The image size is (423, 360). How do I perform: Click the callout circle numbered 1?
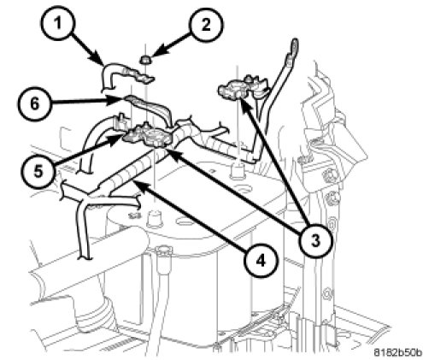[x=57, y=22]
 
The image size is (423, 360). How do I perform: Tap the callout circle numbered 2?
[x=206, y=24]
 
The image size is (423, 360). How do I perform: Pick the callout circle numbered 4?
[x=261, y=261]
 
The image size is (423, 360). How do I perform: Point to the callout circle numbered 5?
[x=38, y=172]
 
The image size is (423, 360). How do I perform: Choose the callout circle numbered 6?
[x=33, y=103]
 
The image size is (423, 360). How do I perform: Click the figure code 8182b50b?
[x=397, y=352]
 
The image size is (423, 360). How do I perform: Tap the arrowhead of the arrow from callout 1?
[x=100, y=62]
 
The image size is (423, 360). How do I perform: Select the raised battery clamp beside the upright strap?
[x=244, y=86]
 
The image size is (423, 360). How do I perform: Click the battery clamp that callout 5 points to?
[x=147, y=135]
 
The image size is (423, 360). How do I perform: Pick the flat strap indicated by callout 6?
[x=148, y=109]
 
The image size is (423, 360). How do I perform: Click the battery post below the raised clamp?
[x=238, y=171]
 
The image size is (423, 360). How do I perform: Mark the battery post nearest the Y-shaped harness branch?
[x=154, y=218]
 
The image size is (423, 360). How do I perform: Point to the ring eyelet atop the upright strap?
[x=293, y=46]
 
